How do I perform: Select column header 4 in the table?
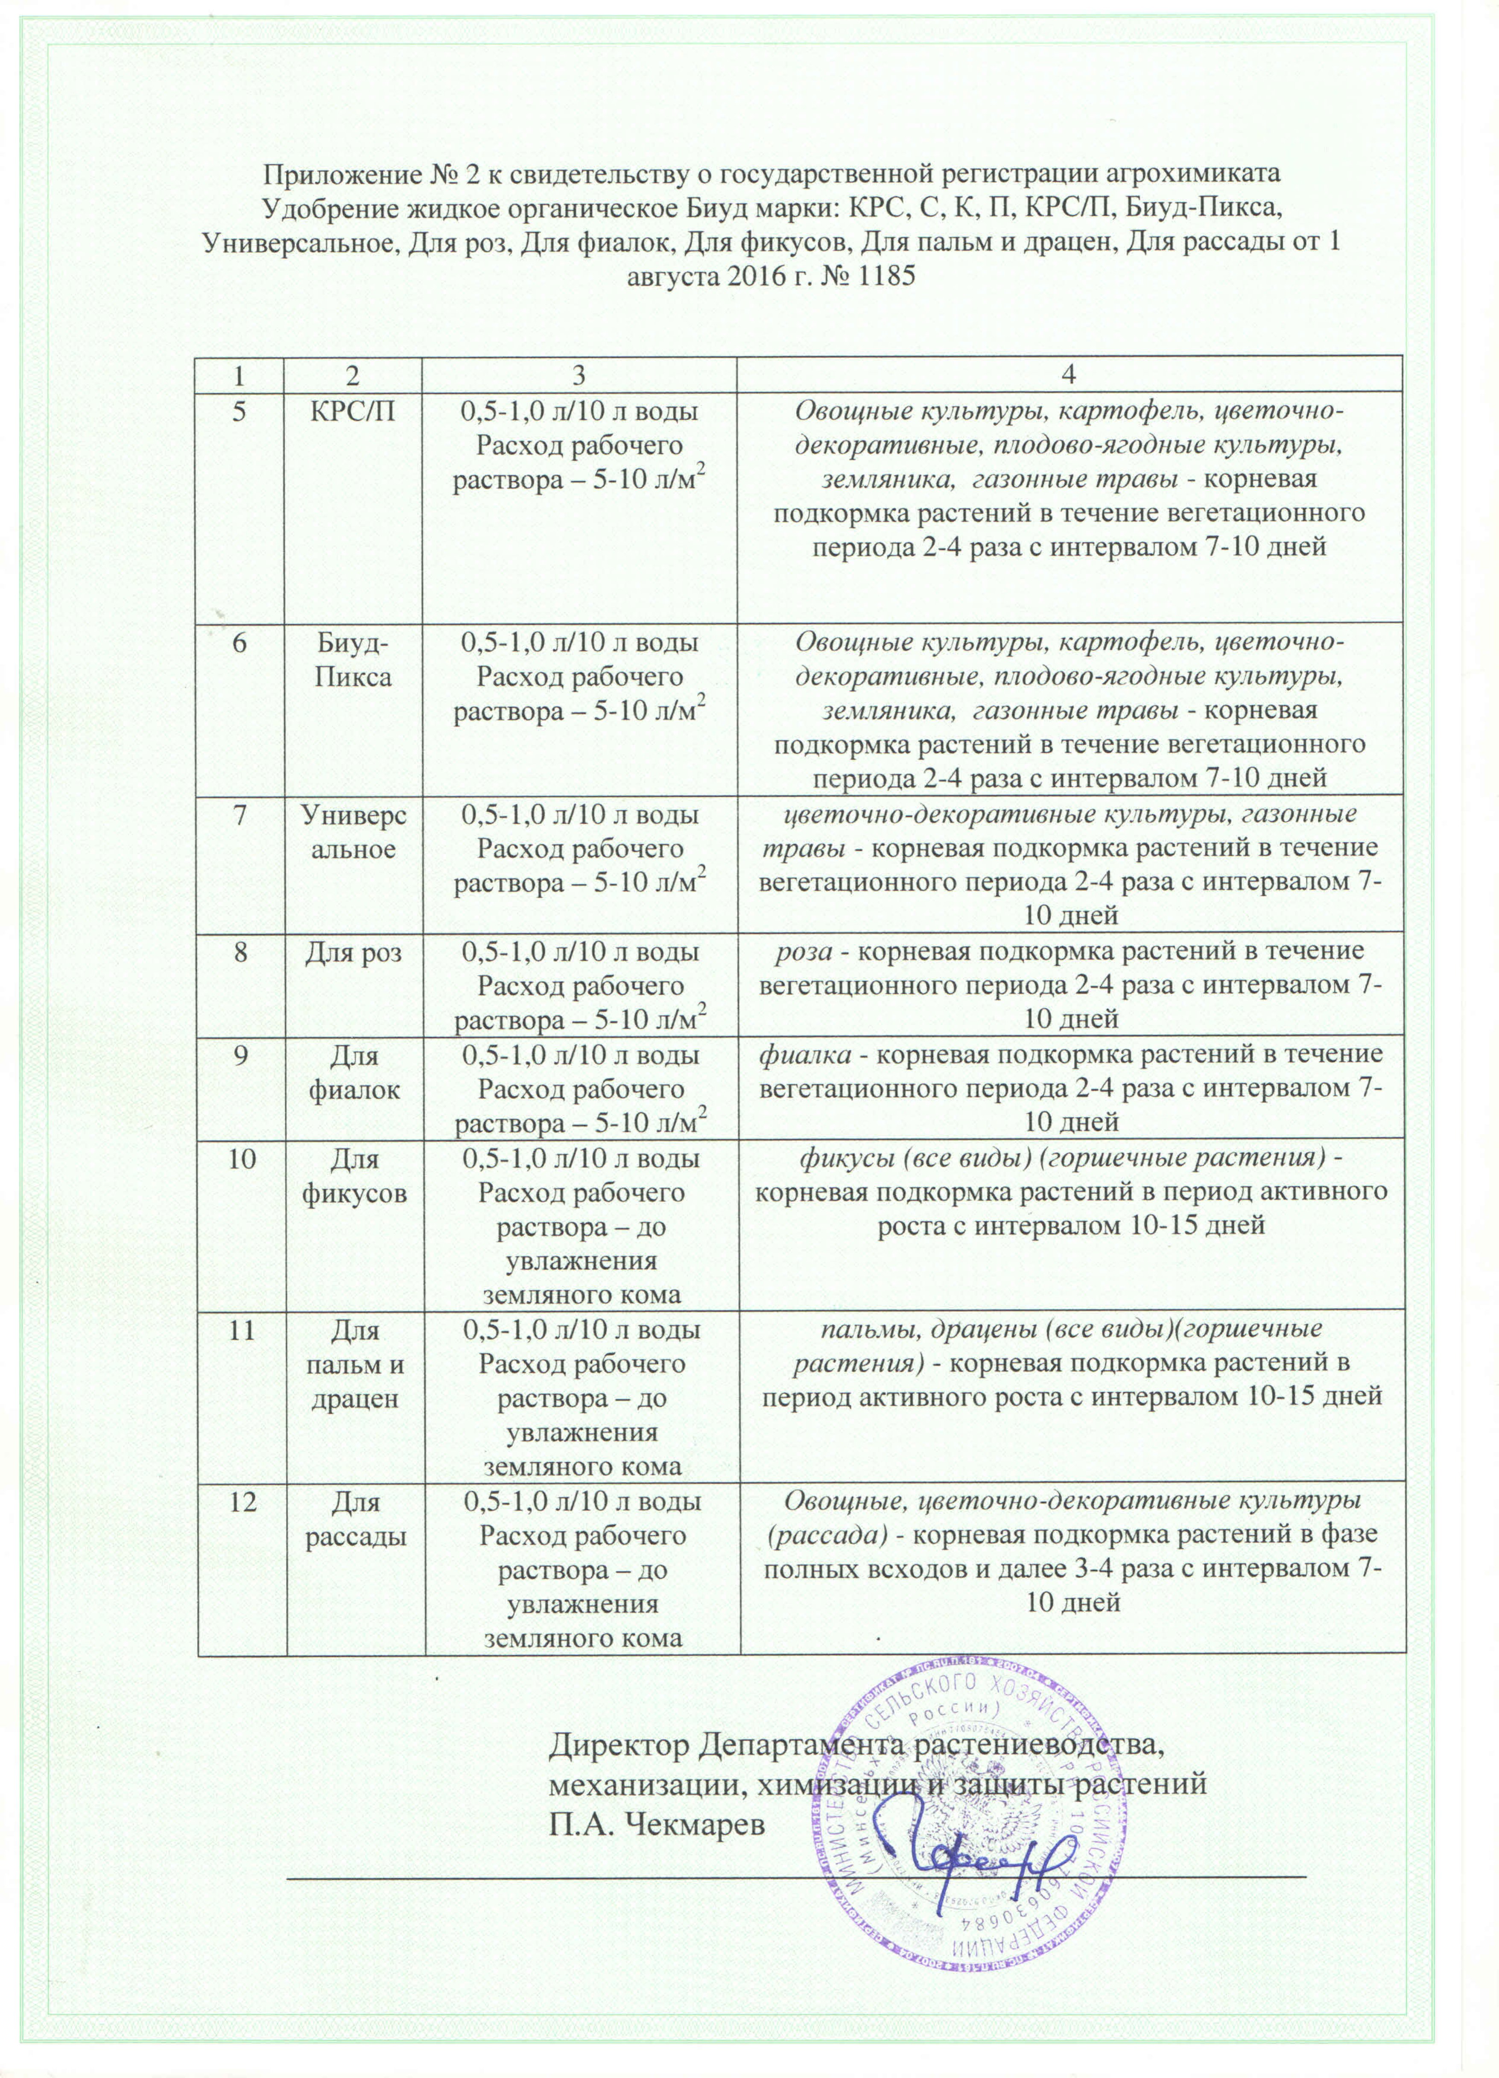tap(1070, 376)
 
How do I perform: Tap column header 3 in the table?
tap(581, 376)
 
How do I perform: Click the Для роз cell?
tap(354, 952)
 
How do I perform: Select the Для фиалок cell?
tap(354, 1073)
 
